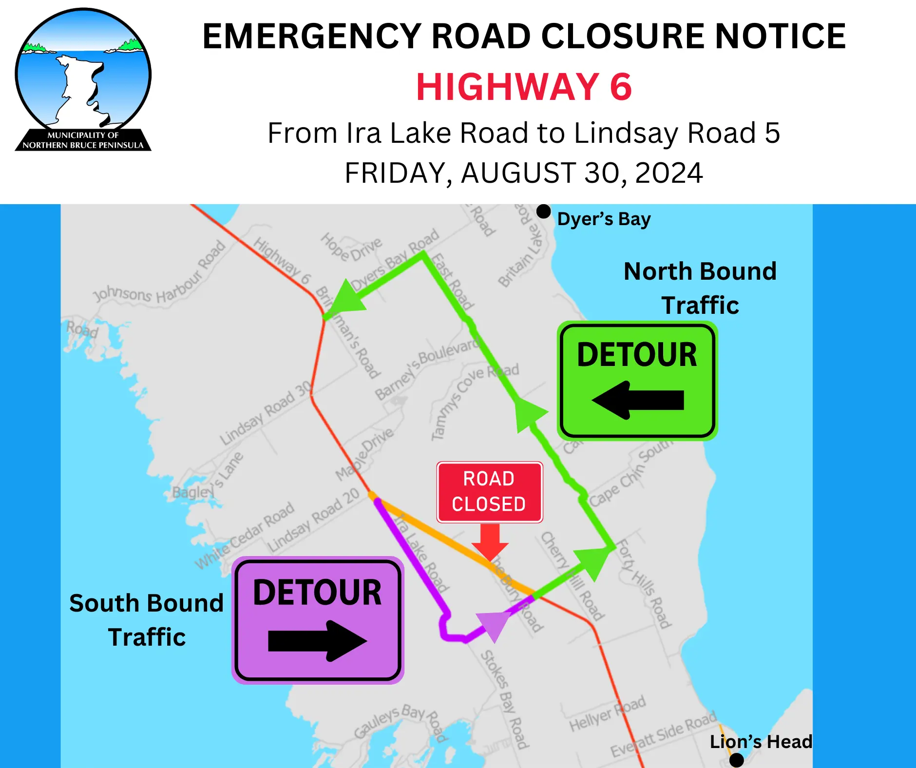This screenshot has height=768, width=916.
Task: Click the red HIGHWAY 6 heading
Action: click(524, 87)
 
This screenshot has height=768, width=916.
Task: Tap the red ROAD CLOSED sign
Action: click(489, 492)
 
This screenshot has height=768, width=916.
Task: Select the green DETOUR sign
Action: click(637, 381)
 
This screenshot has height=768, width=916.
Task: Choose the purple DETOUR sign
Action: click(318, 620)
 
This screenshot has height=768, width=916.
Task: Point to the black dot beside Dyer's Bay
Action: click(543, 212)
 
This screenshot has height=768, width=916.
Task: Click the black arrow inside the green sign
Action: click(638, 400)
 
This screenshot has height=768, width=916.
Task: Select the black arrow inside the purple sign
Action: click(317, 641)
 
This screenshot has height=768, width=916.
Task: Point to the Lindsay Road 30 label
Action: click(266, 413)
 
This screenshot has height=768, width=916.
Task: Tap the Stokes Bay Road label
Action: click(505, 699)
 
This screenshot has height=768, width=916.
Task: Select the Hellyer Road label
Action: click(607, 714)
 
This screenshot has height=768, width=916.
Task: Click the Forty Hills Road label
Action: click(644, 583)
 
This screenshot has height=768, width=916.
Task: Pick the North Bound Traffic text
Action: click(700, 288)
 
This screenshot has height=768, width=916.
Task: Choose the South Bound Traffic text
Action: click(146, 620)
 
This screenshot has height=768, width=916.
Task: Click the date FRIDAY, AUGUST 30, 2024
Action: click(524, 173)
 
